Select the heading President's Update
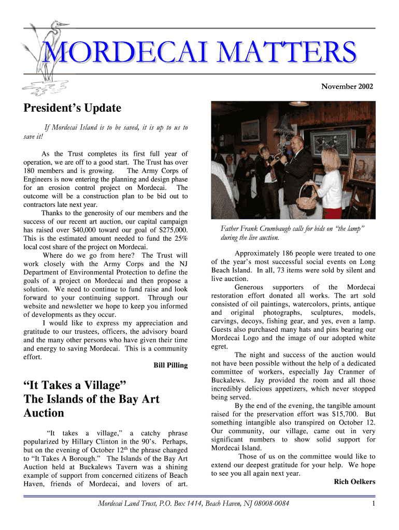(x=72, y=108)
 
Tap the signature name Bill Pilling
(x=170, y=365)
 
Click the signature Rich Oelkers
(x=354, y=482)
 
